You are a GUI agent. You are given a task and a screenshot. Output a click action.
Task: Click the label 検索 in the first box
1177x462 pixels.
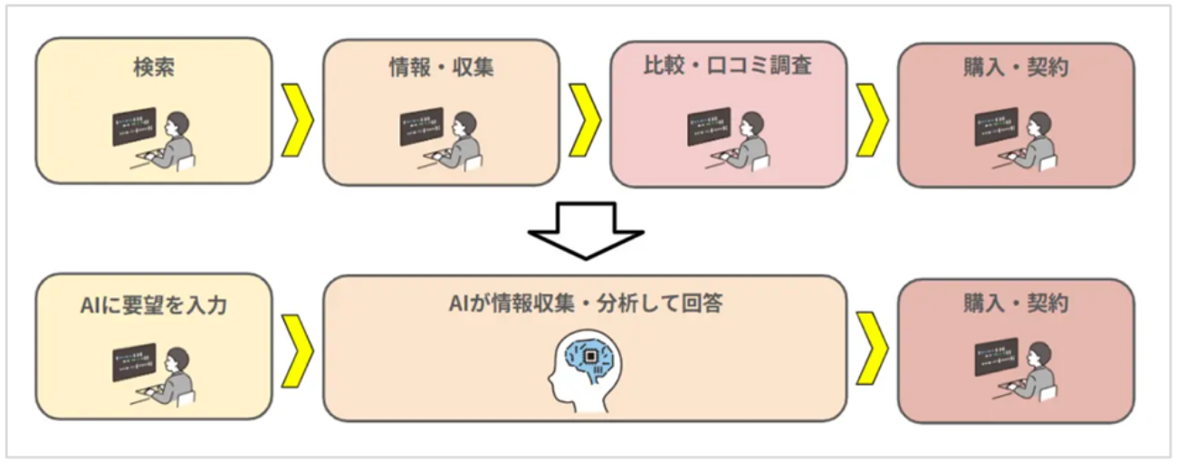pyautogui.click(x=153, y=68)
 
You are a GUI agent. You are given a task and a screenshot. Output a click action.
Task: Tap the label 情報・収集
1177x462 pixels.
pyautogui.click(x=441, y=68)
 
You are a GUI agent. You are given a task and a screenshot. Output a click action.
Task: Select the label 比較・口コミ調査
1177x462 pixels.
pyautogui.click(x=729, y=68)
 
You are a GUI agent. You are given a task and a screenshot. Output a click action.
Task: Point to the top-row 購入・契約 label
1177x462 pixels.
pyautogui.click(x=1016, y=68)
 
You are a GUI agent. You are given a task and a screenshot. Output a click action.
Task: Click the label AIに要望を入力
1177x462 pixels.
pyautogui.click(x=153, y=305)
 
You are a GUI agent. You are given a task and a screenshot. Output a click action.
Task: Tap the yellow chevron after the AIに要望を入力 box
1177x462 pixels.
pyautogui.click(x=297, y=349)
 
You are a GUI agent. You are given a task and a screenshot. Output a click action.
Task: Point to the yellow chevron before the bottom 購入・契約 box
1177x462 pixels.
pyautogui.click(x=872, y=349)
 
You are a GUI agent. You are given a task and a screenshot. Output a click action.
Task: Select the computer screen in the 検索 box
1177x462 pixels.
pyautogui.click(x=134, y=127)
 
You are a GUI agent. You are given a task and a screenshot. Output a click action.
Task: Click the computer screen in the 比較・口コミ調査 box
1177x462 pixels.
pyautogui.click(x=709, y=128)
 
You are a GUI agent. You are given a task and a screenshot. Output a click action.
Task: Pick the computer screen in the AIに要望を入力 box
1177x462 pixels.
pyautogui.click(x=134, y=362)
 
